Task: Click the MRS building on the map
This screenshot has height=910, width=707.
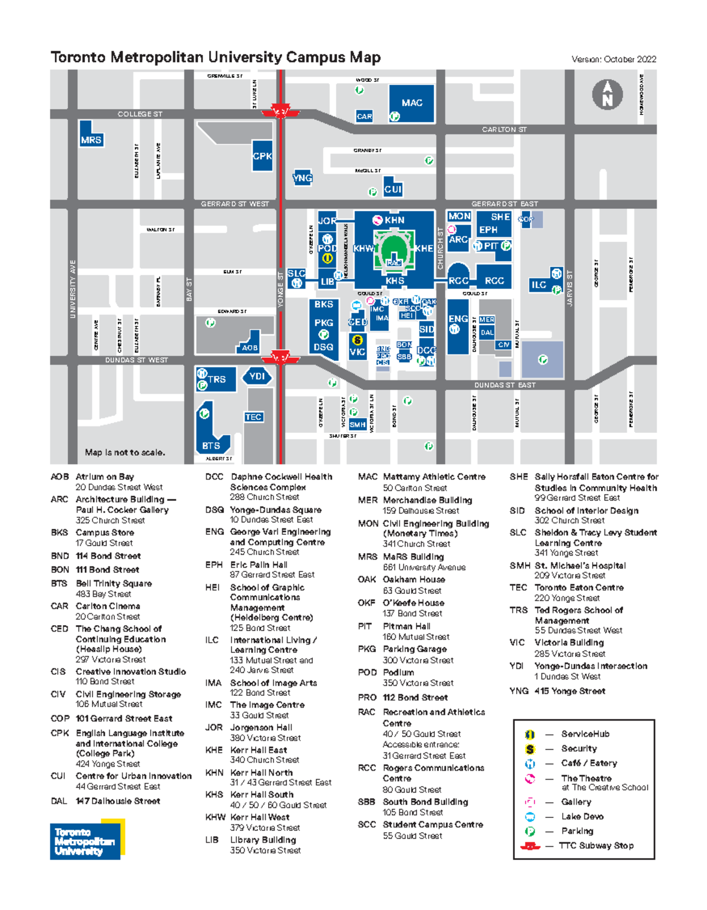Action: pos(91,140)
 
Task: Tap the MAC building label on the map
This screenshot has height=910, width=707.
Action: pos(412,103)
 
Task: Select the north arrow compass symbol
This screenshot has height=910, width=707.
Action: pos(607,95)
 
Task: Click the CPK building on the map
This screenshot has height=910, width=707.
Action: pos(262,156)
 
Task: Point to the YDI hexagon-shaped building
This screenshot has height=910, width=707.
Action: pos(257,376)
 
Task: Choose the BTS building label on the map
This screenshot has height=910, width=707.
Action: pos(211,446)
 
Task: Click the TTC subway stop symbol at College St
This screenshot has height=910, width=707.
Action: pos(280,111)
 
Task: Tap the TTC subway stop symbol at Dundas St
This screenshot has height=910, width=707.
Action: pos(280,357)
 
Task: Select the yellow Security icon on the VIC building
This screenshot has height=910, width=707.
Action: pos(357,340)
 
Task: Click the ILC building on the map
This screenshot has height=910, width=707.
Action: pos(539,285)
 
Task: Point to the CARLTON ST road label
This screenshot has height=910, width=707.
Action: pos(504,129)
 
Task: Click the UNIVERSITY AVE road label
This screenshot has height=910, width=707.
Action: pos(73,289)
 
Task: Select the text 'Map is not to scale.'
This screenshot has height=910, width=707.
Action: pos(125,452)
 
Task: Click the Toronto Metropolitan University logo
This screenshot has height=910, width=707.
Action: pos(87,840)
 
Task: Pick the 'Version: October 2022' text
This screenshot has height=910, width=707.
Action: pos(613,59)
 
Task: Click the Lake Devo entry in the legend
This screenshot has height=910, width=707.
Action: pos(582,816)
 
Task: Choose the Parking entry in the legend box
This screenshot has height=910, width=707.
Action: pos(577,831)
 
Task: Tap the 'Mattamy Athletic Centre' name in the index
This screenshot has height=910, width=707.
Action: pos(434,477)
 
